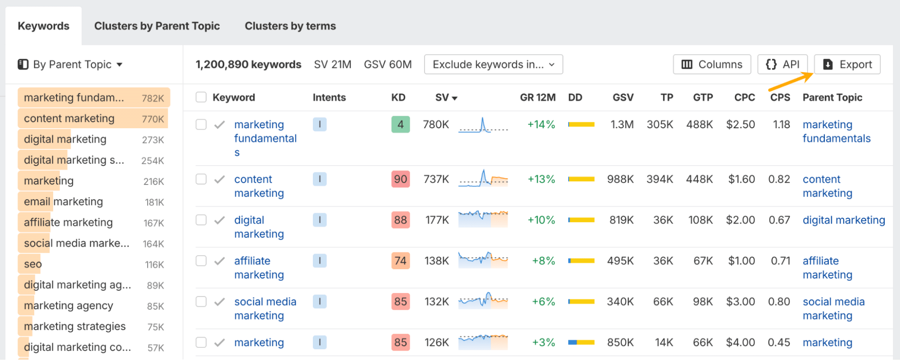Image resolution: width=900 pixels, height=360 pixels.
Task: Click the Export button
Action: pyautogui.click(x=847, y=64)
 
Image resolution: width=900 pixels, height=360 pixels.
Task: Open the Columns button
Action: pyautogui.click(x=711, y=64)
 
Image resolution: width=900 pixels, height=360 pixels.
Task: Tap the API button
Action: pyautogui.click(x=782, y=64)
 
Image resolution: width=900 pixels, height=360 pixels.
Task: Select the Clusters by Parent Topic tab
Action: pyautogui.click(x=157, y=26)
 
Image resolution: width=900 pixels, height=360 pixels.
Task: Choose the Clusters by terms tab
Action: pyautogui.click(x=290, y=26)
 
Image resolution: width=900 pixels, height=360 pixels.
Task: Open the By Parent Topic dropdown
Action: pyautogui.click(x=70, y=64)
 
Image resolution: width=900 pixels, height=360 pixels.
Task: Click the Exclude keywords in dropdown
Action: pyautogui.click(x=493, y=64)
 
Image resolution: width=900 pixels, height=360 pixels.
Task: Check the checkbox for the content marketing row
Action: pyautogui.click(x=201, y=179)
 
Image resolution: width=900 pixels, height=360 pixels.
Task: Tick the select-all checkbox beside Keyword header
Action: pyautogui.click(x=201, y=97)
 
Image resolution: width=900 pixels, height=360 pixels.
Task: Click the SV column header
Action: pyautogui.click(x=446, y=98)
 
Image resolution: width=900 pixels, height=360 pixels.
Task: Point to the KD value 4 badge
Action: pyautogui.click(x=400, y=125)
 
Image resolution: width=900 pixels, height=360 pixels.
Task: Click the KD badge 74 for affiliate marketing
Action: pyautogui.click(x=400, y=261)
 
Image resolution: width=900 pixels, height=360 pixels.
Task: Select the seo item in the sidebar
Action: pyautogui.click(x=33, y=264)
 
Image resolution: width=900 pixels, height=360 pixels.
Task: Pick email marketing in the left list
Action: pyautogui.click(x=63, y=202)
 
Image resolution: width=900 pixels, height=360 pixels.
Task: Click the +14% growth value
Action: pyautogui.click(x=541, y=125)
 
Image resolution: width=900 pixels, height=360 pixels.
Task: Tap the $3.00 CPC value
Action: pyautogui.click(x=740, y=301)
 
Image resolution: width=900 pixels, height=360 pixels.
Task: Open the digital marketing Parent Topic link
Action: pyautogui.click(x=844, y=220)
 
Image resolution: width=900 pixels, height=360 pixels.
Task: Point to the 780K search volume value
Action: pyautogui.click(x=436, y=125)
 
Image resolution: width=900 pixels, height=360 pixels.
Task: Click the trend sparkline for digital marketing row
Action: pyautogui.click(x=483, y=219)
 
